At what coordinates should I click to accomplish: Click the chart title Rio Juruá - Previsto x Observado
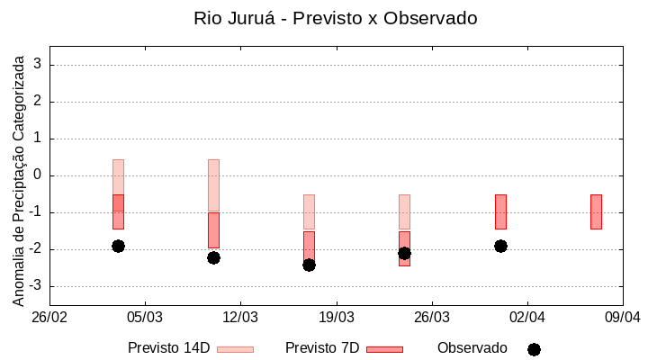pos(335,18)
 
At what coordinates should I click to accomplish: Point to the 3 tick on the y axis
pos(38,65)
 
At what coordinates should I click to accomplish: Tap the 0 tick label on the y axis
pos(38,175)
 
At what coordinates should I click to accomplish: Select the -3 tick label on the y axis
pos(35,286)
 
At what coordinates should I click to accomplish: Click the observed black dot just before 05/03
pos(118,246)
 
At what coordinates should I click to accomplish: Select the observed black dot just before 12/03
pos(213,257)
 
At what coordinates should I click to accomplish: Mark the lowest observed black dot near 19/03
pos(309,265)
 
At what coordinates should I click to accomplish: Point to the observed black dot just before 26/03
pos(404,253)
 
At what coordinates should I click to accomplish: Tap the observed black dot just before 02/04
pos(500,246)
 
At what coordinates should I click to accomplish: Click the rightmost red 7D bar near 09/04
pos(596,211)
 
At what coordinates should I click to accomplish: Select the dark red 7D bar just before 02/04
pos(500,211)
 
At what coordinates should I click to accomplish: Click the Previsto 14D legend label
pos(168,348)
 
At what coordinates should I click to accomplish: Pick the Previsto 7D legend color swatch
pos(384,349)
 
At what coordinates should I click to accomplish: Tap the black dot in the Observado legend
pos(534,349)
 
